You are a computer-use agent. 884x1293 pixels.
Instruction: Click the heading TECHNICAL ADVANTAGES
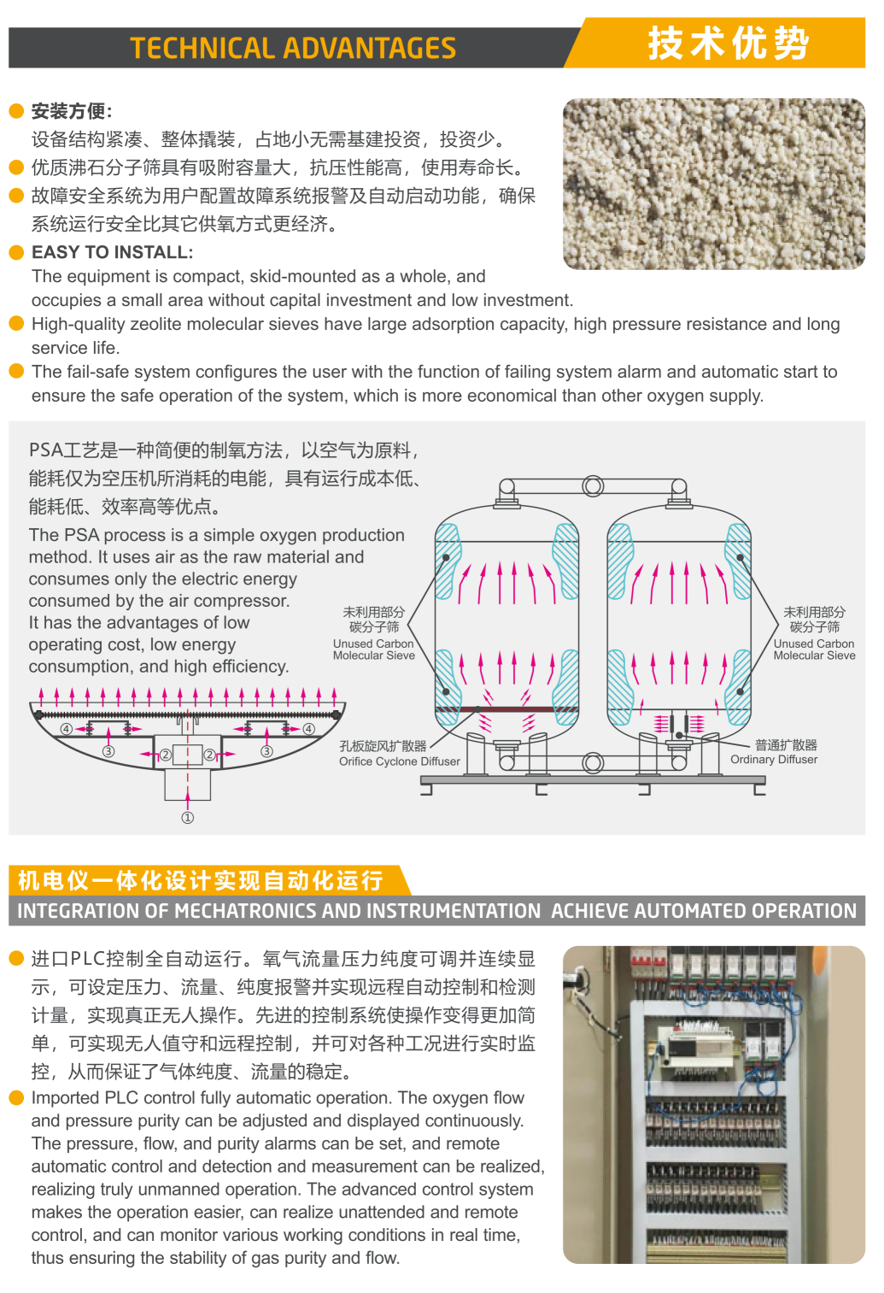click(x=293, y=48)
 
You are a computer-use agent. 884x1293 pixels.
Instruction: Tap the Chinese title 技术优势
click(x=729, y=43)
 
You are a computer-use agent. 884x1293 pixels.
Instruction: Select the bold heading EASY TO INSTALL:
click(x=113, y=252)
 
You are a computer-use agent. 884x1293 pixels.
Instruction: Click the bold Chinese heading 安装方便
click(x=68, y=111)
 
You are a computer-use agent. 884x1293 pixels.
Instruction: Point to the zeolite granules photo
click(x=714, y=184)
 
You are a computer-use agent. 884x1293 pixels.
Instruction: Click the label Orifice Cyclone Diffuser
click(x=400, y=761)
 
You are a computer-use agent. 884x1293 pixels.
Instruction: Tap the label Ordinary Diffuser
click(x=774, y=759)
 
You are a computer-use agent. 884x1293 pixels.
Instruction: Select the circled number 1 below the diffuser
click(x=188, y=817)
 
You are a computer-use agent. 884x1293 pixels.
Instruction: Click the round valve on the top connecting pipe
click(x=593, y=486)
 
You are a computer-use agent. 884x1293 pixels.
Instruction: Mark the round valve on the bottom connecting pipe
click(x=593, y=762)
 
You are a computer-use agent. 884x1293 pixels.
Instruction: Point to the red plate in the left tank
click(x=506, y=708)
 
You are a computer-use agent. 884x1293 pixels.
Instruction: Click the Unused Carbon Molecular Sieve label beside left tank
click(x=374, y=649)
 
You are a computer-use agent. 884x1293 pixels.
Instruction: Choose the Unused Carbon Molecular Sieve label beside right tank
click(x=814, y=649)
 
